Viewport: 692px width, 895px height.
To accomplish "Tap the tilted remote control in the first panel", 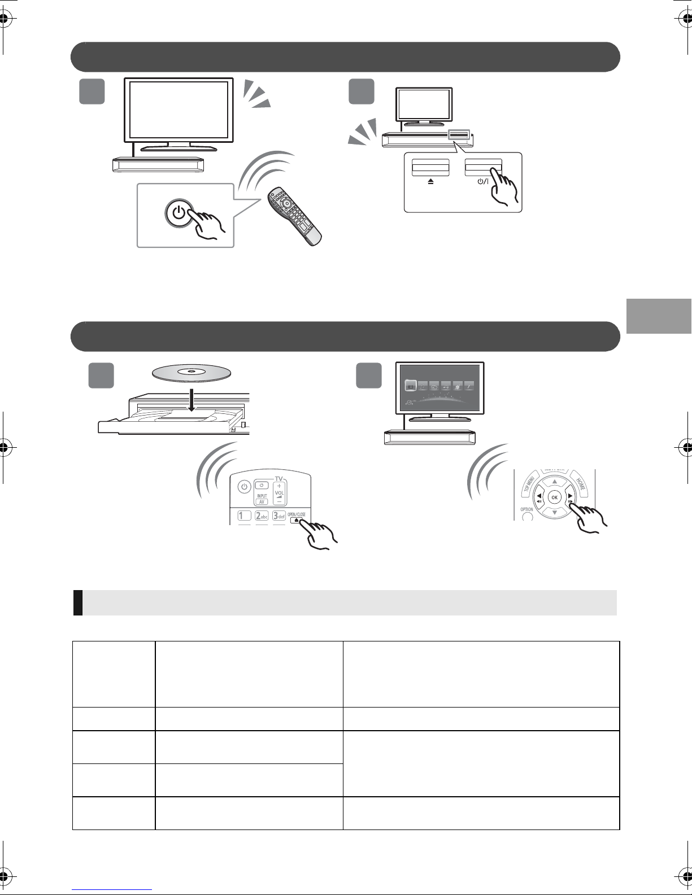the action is (294, 215).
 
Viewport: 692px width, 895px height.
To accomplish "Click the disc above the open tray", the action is (192, 373).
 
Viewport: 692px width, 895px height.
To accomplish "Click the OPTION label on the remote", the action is (526, 508).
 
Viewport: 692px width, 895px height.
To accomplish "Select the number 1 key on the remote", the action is (244, 516).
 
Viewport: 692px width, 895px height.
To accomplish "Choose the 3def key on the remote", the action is (279, 516).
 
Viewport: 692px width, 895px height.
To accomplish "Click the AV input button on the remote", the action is (262, 501).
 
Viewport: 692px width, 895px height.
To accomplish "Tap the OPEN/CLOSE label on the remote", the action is (297, 514).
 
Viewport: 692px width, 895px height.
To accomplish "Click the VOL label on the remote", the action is (280, 492).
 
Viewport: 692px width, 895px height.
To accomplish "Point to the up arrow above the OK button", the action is (555, 481).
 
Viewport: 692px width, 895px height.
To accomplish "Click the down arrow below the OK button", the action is (555, 512).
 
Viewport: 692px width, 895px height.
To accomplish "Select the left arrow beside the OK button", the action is (538, 497).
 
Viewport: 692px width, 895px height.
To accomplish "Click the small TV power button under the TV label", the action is (262, 486).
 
